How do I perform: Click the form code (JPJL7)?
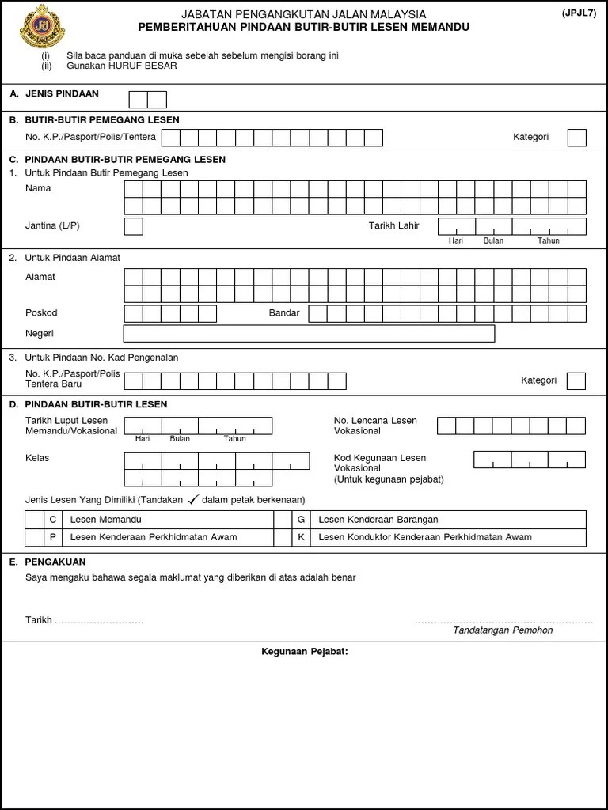pyautogui.click(x=580, y=13)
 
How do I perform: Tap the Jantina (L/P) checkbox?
pyautogui.click(x=134, y=226)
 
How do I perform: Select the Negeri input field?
pyautogui.click(x=309, y=334)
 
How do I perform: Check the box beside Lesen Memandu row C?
pyautogui.click(x=34, y=520)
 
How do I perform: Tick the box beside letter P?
pyautogui.click(x=34, y=537)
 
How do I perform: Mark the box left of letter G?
pyautogui.click(x=282, y=520)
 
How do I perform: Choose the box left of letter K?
pyautogui.click(x=282, y=537)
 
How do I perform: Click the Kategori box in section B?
pyautogui.click(x=577, y=138)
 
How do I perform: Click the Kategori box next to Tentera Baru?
pyautogui.click(x=576, y=381)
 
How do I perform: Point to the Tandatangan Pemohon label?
pyautogui.click(x=503, y=630)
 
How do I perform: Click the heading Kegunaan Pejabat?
pyautogui.click(x=305, y=652)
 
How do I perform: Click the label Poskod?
pyautogui.click(x=41, y=313)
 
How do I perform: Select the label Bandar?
pyautogui.click(x=284, y=313)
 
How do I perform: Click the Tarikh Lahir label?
pyautogui.click(x=394, y=226)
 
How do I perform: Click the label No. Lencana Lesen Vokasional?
pyautogui.click(x=375, y=426)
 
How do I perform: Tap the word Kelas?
pyautogui.click(x=37, y=458)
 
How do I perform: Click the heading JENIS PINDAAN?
pyautogui.click(x=62, y=94)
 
